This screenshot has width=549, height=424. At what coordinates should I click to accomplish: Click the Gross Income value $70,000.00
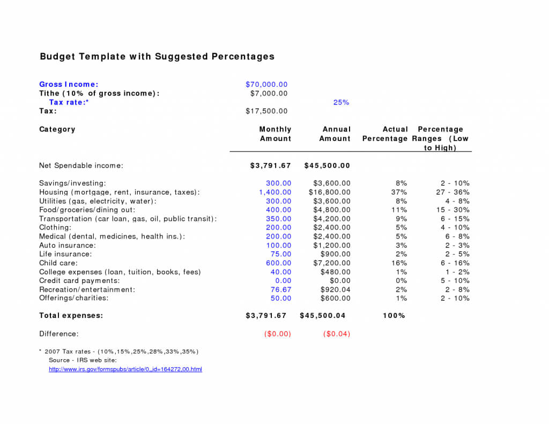point(266,84)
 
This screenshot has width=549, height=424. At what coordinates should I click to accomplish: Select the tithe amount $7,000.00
point(269,93)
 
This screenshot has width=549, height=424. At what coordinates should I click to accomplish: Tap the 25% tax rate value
point(341,102)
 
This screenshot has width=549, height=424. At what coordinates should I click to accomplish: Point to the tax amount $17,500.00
point(266,111)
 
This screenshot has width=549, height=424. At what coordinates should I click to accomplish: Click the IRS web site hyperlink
point(125,369)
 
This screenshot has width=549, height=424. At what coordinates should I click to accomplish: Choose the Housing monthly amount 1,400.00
point(275,192)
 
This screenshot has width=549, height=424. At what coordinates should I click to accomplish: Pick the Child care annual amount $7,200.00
point(332,263)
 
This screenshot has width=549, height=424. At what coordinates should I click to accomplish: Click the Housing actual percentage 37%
point(399,192)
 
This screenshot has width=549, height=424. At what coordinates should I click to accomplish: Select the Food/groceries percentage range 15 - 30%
point(452,210)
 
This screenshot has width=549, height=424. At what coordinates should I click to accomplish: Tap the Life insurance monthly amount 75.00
point(281,254)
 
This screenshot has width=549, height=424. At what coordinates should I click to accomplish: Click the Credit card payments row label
point(79,280)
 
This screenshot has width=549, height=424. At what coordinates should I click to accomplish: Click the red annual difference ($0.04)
point(337,333)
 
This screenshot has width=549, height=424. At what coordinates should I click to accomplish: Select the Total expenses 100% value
point(394,316)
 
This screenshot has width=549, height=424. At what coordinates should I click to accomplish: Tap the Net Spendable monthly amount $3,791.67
point(270,166)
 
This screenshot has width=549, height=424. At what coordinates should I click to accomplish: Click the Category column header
point(57,129)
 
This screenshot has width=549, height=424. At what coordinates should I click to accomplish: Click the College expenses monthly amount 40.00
point(281,272)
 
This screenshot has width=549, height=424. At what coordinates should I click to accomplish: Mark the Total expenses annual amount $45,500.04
point(323,316)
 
